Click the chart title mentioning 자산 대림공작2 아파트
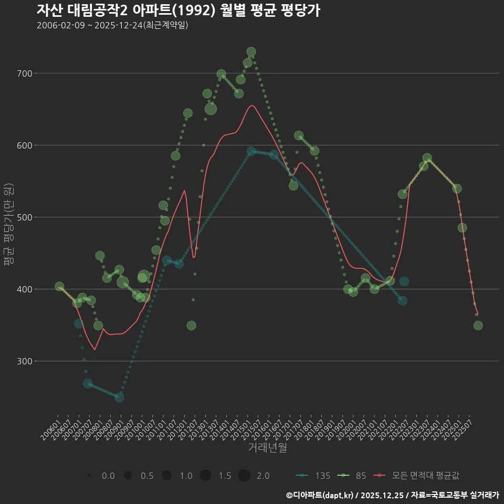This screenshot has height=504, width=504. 178,10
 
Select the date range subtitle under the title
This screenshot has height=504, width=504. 112,26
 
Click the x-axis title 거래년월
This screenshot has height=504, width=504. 267,448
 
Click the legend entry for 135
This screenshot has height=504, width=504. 314,476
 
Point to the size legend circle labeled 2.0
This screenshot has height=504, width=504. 244,476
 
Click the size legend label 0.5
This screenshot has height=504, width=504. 147,476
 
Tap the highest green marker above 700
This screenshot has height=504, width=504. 251,52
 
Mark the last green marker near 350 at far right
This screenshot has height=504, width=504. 478,325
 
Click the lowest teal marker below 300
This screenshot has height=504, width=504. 119,397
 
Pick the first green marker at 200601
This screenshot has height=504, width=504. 59,286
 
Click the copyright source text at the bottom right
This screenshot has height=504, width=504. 392,495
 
